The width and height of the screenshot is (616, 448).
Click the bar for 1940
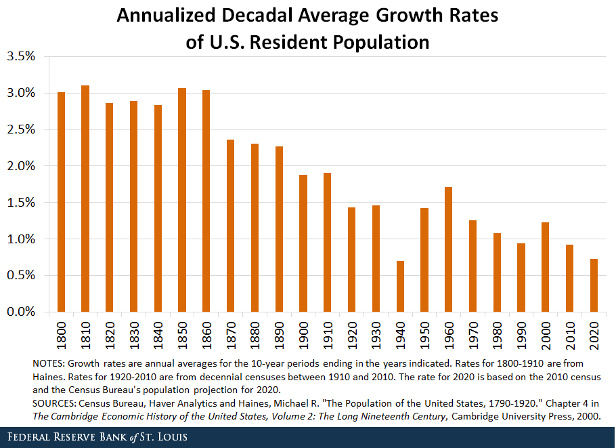pyautogui.click(x=400, y=286)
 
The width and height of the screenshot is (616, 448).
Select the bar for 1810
pyautogui.click(x=85, y=199)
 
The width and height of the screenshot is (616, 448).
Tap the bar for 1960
pyautogui.click(x=448, y=249)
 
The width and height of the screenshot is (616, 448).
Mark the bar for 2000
pyautogui.click(x=545, y=267)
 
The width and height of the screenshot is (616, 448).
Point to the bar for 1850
pyautogui.click(x=182, y=200)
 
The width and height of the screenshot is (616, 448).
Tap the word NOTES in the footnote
pyautogui.click(x=47, y=363)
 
